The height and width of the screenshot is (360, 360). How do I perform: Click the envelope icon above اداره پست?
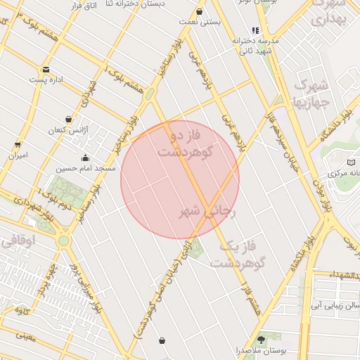46,69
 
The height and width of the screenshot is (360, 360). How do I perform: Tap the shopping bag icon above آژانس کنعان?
68,120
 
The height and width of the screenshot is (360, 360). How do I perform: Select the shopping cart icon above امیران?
18,145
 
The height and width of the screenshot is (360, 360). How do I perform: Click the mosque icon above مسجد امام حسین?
86,158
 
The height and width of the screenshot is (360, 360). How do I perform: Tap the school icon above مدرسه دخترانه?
255,31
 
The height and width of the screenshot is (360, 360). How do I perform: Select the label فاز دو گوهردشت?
187,143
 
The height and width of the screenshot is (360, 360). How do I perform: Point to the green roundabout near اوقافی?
64,240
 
